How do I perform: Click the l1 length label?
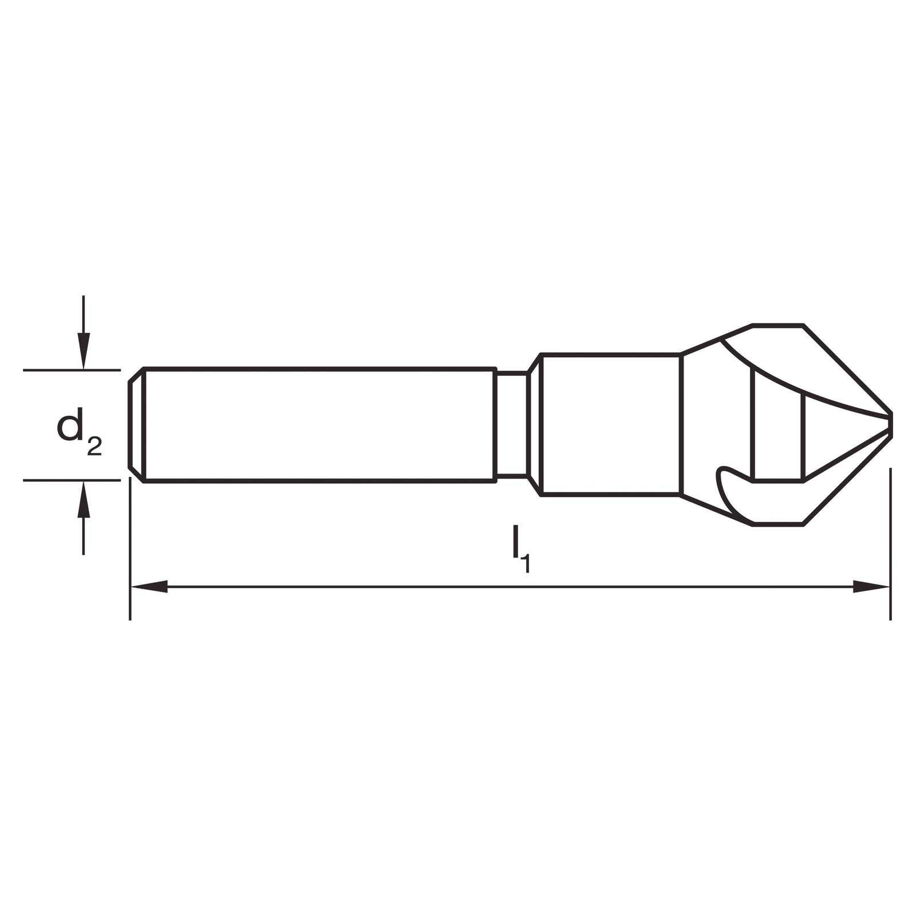coord(521,550)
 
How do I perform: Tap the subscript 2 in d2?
coord(94,447)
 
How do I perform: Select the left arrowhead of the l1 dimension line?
coord(149,587)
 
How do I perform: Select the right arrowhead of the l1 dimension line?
coord(871,587)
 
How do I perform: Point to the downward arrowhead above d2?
coord(84,351)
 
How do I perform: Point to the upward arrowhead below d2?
coord(84,499)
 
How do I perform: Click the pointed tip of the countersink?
coord(890,424)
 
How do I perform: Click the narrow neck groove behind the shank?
coord(511,424)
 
